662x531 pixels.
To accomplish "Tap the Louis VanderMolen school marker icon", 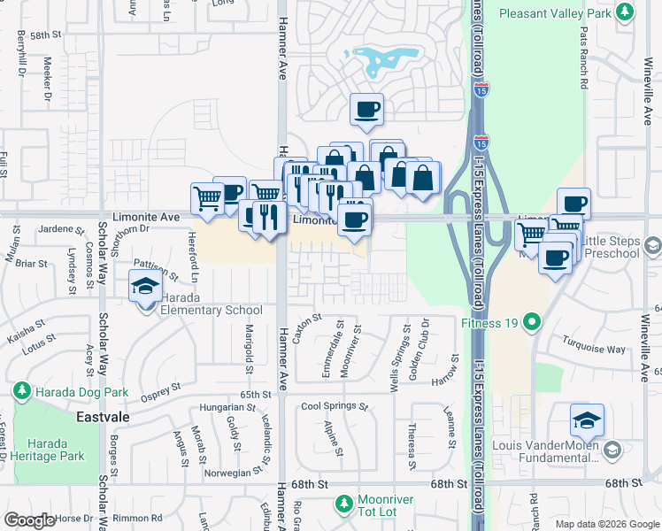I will pyautogui.click(x=587, y=420).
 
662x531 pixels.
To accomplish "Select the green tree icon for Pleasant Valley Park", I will pyautogui.click(x=626, y=12).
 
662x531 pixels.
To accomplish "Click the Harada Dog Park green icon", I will pyautogui.click(x=20, y=390).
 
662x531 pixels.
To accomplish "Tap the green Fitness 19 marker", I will pyautogui.click(x=531, y=321).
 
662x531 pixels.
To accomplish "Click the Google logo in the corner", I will pyautogui.click(x=30, y=520).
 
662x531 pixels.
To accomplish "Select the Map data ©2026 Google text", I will pyautogui.click(x=605, y=524).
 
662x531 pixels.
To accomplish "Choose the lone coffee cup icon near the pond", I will pyautogui.click(x=367, y=110).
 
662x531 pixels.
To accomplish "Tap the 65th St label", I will pyautogui.click(x=254, y=394).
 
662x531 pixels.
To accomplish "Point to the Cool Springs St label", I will pyautogui.click(x=334, y=407).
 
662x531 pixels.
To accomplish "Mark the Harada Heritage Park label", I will pyautogui.click(x=55, y=450).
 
